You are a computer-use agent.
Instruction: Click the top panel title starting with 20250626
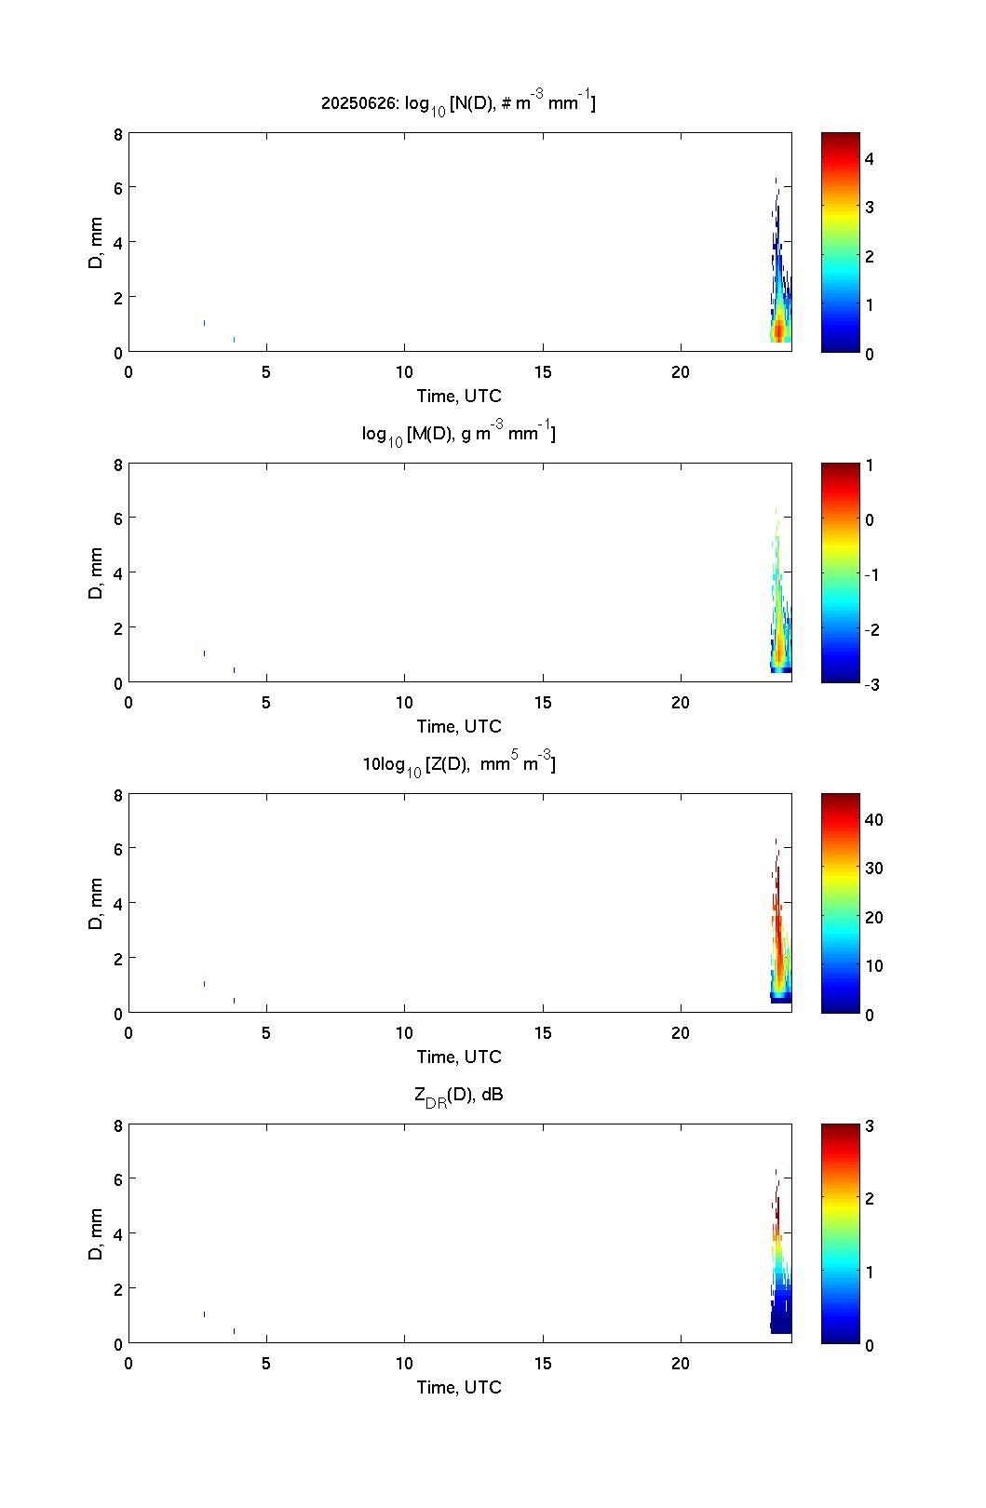tap(458, 103)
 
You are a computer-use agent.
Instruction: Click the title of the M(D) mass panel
tap(458, 434)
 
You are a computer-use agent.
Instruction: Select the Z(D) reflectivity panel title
tap(458, 764)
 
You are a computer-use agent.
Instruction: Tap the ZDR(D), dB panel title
tap(458, 1095)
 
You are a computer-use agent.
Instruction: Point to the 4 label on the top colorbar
tap(869, 159)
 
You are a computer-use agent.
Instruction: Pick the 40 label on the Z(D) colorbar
tap(873, 820)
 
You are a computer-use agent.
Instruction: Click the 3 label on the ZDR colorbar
tap(869, 1126)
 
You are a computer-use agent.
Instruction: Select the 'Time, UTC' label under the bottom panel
tap(458, 1387)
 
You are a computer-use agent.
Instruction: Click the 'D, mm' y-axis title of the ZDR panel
tap(96, 1234)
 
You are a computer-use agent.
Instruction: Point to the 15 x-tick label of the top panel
tap(543, 372)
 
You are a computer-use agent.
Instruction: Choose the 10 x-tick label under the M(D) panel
tap(404, 703)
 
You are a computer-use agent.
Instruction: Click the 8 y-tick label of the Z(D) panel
tap(118, 795)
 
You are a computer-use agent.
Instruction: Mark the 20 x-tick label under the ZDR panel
tap(681, 1364)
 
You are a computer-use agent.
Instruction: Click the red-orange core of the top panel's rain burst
tap(778, 330)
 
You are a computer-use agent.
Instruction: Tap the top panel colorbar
tap(840, 242)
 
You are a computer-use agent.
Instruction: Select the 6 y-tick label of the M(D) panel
tap(118, 518)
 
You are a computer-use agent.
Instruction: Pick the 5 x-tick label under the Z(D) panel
tap(266, 1033)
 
